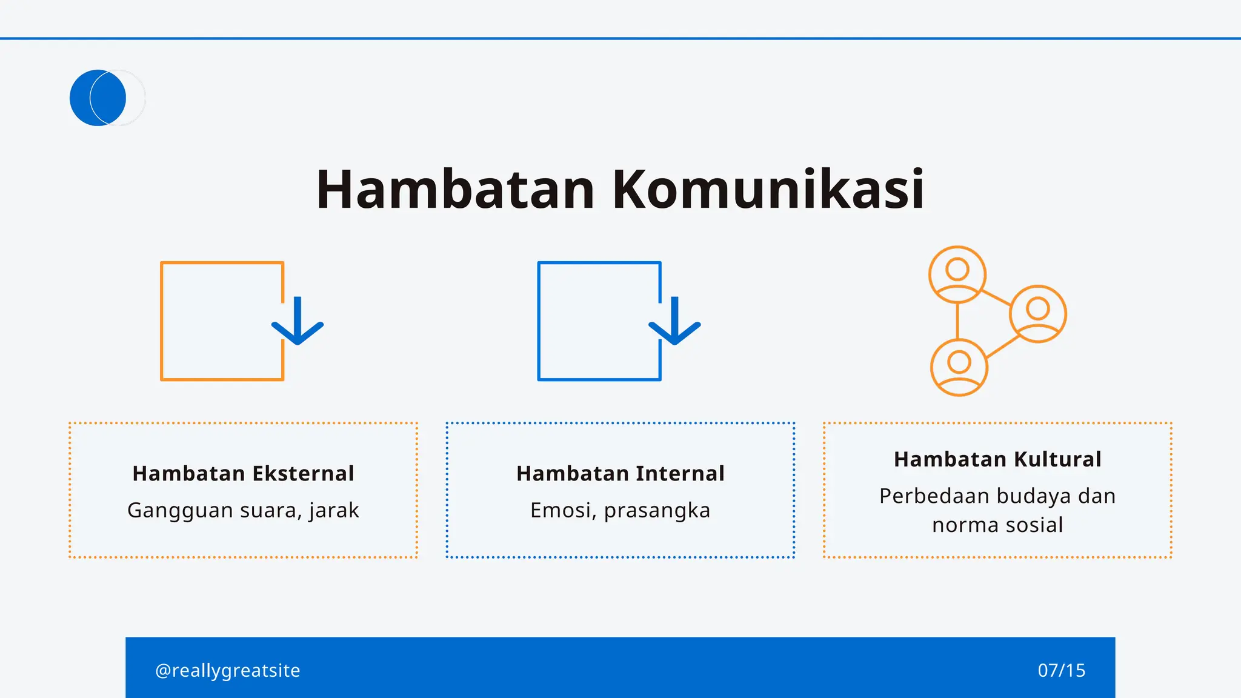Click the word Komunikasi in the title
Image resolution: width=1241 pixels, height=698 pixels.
[768, 190]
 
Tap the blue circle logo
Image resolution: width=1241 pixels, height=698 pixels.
[98, 98]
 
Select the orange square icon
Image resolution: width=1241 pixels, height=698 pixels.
[222, 321]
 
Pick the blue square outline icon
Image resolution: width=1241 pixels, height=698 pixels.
[599, 321]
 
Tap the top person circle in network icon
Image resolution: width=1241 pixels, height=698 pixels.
[957, 274]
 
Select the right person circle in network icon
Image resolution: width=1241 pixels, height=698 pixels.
[1038, 314]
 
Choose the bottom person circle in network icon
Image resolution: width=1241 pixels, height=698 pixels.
[959, 368]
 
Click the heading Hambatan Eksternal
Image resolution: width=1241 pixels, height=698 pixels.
[243, 473]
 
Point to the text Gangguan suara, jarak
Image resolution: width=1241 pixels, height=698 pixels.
[243, 510]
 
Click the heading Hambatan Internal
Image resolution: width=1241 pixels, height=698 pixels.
[620, 473]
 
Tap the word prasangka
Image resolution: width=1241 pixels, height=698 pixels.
[657, 511]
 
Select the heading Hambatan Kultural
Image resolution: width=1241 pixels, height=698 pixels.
[997, 459]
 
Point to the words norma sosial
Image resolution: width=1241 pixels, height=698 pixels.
[997, 525]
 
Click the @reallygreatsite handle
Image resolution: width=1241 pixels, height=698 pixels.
[228, 670]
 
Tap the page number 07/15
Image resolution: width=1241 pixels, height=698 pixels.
[1061, 670]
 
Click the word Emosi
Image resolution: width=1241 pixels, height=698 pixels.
[563, 510]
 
